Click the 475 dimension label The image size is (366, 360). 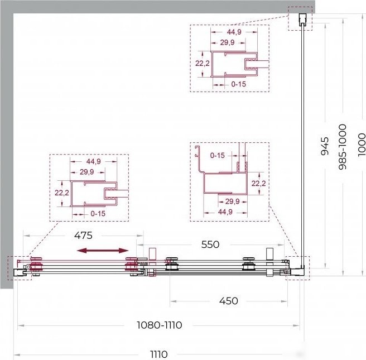click(x=83, y=236)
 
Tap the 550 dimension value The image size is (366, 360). click(x=210, y=244)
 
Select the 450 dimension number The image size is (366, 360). click(x=229, y=301)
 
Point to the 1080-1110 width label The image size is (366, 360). click(x=159, y=325)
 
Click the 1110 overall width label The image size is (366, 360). click(x=158, y=354)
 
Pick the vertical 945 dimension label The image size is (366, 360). click(x=325, y=146)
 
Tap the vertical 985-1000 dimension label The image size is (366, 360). click(x=343, y=147)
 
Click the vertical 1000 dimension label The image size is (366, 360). click(x=362, y=145)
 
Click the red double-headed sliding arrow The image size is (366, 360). click(x=103, y=251)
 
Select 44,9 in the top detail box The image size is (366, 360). click(x=234, y=32)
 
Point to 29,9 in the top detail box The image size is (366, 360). click(x=227, y=42)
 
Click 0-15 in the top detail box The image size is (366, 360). click(x=239, y=84)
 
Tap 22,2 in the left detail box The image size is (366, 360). click(x=61, y=193)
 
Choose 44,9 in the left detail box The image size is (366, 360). click(x=93, y=161)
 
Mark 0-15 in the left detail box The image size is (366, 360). click(x=98, y=214)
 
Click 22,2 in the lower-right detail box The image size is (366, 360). click(x=259, y=184)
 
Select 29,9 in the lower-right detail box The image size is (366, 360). click(x=233, y=201)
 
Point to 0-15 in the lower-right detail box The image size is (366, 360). click(x=218, y=155)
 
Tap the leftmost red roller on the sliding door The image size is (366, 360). click(x=36, y=266)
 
